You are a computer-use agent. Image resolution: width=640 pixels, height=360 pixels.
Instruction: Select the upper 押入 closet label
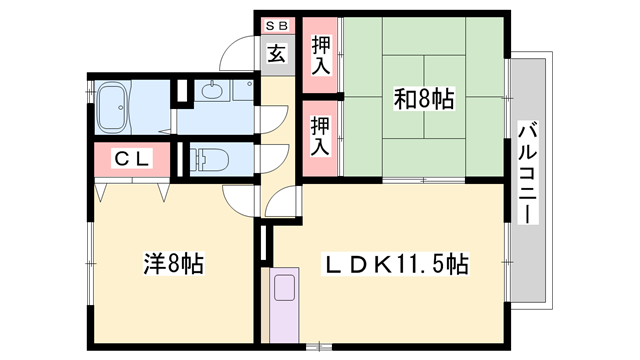click(321, 54)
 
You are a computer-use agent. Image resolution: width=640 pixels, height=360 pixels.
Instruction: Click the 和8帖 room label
click(425, 100)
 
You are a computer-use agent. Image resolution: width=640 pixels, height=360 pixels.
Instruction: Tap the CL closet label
click(131, 157)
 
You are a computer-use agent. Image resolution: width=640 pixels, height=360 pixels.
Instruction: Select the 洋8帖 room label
click(173, 264)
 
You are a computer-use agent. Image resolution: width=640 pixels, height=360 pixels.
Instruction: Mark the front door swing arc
click(238, 50)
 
